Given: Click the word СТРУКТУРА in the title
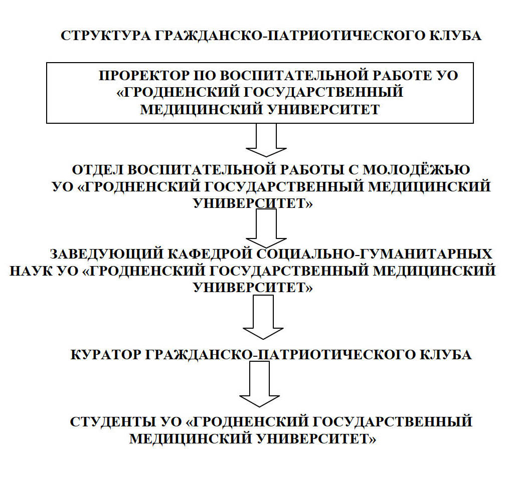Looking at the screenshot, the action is (106, 36).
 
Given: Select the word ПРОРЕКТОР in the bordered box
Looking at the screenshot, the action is (144, 76).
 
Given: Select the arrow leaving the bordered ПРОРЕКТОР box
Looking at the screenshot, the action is (266, 140).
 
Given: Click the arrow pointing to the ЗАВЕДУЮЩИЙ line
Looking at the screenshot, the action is (266, 228).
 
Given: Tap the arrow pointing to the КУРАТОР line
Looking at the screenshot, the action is (263, 317).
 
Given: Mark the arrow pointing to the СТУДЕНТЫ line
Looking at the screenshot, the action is (259, 384).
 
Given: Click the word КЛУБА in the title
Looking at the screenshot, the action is (455, 36).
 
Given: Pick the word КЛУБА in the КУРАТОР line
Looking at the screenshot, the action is (445, 355).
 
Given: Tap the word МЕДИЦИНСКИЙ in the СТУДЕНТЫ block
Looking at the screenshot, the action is (191, 439).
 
